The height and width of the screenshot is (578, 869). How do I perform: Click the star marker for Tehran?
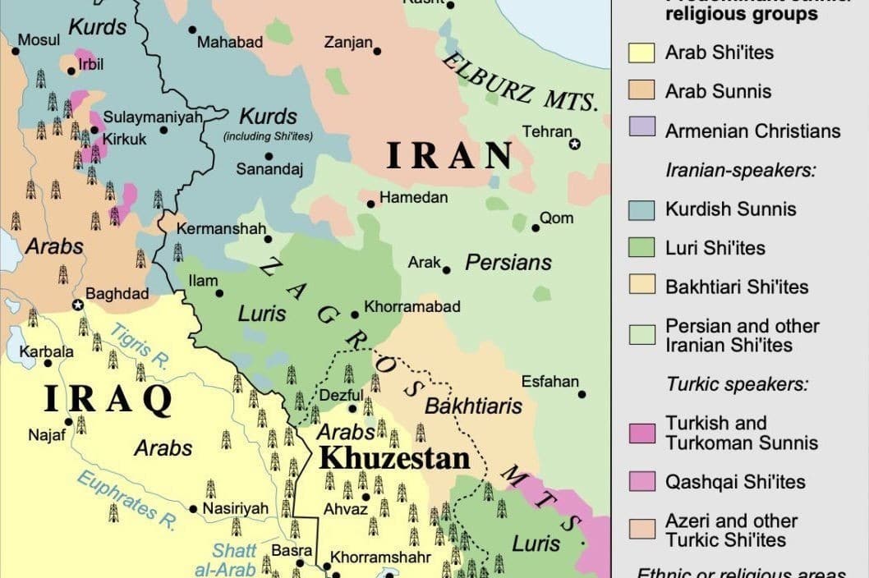point(575,144)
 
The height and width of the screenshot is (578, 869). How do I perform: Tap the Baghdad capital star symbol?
point(78,305)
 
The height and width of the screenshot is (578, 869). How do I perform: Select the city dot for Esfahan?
point(582,394)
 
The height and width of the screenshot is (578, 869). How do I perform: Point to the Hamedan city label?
point(414,198)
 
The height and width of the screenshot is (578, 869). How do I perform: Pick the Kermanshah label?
point(222,229)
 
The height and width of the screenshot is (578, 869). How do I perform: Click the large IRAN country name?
point(450,156)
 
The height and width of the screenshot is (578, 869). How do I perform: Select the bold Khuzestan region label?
point(394,458)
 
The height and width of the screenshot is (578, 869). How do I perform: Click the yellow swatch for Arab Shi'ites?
point(641,53)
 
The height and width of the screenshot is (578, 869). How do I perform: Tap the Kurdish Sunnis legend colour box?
point(641,209)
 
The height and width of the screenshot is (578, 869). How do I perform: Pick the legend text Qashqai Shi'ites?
point(735,482)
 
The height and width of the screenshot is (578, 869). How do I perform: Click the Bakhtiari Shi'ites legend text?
point(737,287)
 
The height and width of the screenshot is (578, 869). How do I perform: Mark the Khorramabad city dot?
point(355,314)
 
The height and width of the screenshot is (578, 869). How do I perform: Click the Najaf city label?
point(47,435)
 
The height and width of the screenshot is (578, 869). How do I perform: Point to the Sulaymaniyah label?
point(153,117)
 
